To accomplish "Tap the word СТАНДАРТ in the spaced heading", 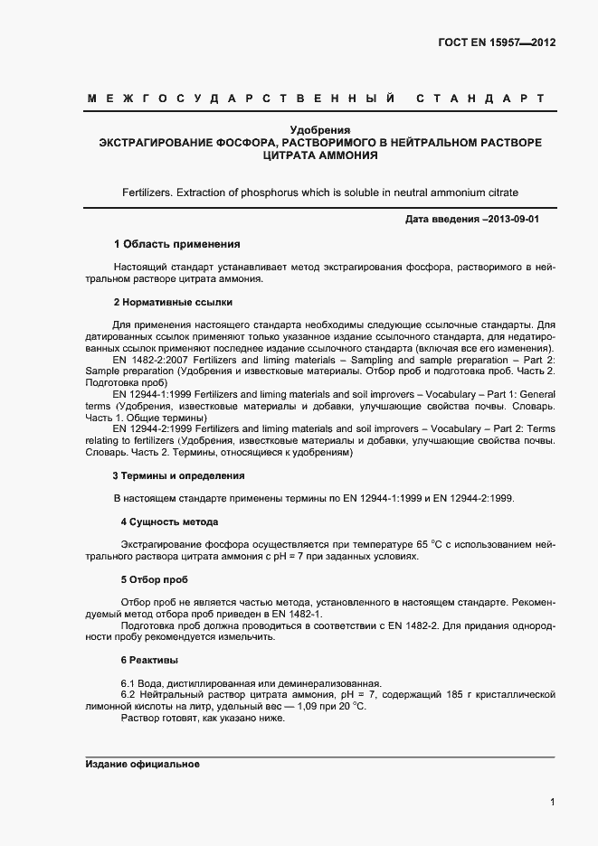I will [480, 98].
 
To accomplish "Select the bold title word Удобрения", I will [319, 130].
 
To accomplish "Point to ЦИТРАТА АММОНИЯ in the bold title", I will [319, 155].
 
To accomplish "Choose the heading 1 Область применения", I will [176, 244].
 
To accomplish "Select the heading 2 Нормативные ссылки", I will [173, 301].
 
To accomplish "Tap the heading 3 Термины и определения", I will [178, 475].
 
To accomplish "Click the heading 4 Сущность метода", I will [169, 522].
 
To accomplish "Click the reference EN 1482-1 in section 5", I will [293, 614].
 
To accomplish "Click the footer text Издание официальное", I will [142, 765].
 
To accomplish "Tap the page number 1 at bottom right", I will [551, 801].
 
